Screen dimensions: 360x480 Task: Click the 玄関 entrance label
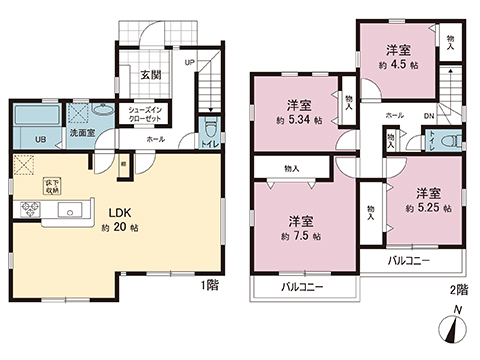point(151,74)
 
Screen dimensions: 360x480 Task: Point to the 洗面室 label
point(82,132)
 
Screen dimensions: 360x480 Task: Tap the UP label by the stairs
point(190,61)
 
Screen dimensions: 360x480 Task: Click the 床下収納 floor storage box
point(51,185)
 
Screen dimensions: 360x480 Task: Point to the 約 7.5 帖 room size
point(300,237)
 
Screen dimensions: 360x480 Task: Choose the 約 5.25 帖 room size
point(428,209)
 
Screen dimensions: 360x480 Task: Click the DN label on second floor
point(429,115)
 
